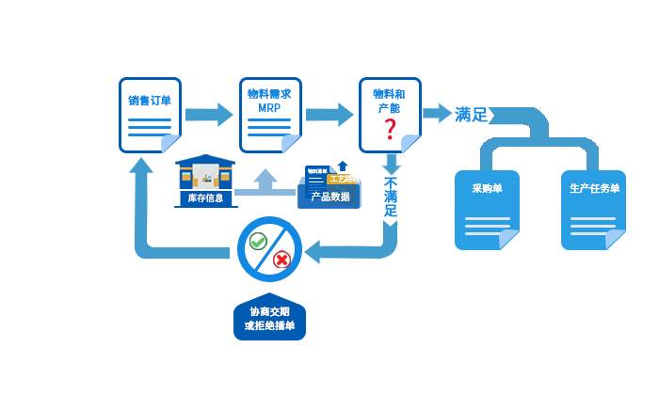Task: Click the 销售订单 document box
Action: [150, 115]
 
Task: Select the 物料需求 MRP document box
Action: [270, 115]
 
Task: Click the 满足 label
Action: [472, 115]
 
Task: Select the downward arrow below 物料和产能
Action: [391, 164]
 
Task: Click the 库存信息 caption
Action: [205, 197]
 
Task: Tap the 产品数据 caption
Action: [329, 197]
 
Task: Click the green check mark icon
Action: [258, 242]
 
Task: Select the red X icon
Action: [281, 260]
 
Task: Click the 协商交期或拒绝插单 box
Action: [270, 317]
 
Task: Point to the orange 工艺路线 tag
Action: [344, 178]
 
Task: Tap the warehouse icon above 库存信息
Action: [205, 175]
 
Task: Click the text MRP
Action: [269, 109]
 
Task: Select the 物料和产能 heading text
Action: [389, 102]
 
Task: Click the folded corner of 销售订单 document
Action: [171, 144]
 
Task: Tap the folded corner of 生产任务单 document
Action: [616, 241]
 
